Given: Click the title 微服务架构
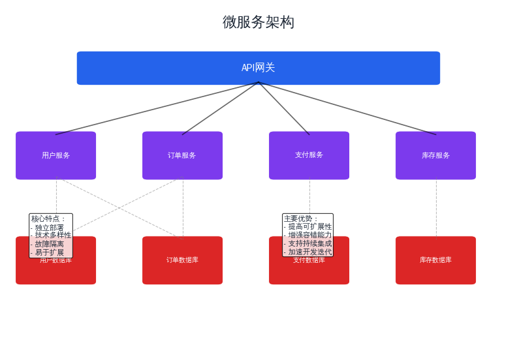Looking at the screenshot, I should click(x=258, y=22).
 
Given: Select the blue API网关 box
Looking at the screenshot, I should click(x=258, y=68).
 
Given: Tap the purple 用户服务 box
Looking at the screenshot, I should click(x=55, y=155).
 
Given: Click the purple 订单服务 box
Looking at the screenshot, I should click(x=182, y=155).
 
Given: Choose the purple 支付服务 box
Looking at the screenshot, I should click(x=309, y=155).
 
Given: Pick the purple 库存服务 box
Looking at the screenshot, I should click(x=435, y=155).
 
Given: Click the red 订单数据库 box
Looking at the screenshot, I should click(x=182, y=260).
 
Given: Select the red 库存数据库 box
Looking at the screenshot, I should click(x=435, y=260).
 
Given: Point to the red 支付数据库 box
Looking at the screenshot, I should click(x=309, y=271).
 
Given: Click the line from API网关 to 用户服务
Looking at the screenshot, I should click(x=157, y=108).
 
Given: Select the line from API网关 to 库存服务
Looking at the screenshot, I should click(x=347, y=108).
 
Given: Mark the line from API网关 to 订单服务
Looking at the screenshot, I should click(x=220, y=108).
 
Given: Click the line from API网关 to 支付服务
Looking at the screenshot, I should click(x=284, y=108).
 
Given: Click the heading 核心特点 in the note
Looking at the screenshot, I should click(x=48, y=219).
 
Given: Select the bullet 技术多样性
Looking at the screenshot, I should click(x=52, y=235).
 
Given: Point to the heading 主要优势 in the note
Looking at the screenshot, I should click(x=301, y=219).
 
